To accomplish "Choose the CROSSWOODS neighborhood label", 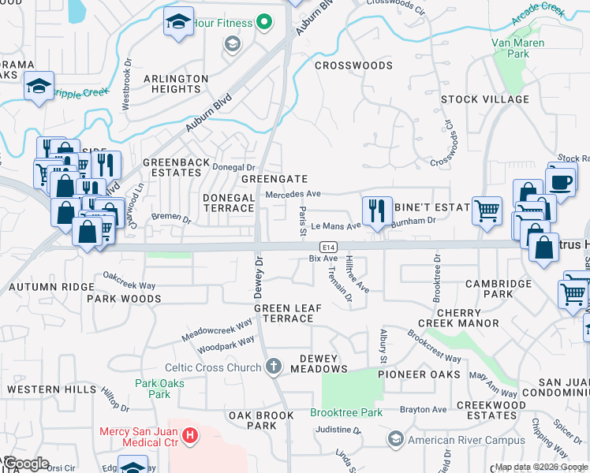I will [x=353, y=65].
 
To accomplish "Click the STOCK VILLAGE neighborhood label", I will [x=484, y=99].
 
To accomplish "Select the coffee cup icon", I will [x=562, y=181].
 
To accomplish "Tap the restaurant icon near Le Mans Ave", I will [x=377, y=211].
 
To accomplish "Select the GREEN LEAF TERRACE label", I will [x=283, y=313].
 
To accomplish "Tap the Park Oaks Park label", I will [x=152, y=389].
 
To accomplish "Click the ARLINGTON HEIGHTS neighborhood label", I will [x=176, y=84].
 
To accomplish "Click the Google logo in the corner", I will [x=25, y=464].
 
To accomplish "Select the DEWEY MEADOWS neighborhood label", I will [x=319, y=363].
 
